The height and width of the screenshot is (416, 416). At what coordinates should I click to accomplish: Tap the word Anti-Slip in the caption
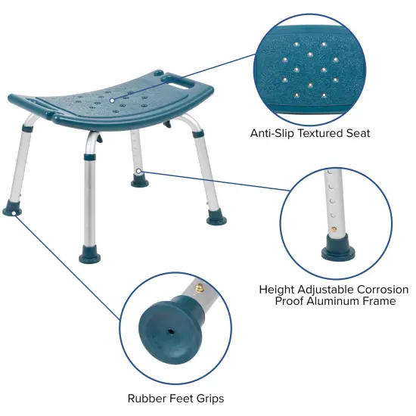(x=273, y=133)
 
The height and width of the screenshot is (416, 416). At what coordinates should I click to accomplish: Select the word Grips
(x=207, y=399)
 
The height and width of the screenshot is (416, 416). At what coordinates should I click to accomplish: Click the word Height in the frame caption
(x=277, y=290)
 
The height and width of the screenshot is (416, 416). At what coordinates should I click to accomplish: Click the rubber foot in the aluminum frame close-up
(x=336, y=247)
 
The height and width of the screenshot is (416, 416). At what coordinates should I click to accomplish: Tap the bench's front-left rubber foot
(x=15, y=207)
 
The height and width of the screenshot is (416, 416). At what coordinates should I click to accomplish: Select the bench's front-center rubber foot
(x=90, y=256)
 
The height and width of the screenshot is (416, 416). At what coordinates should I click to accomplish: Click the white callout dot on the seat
(x=111, y=100)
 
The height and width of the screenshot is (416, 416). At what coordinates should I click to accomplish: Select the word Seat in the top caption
(x=359, y=133)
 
